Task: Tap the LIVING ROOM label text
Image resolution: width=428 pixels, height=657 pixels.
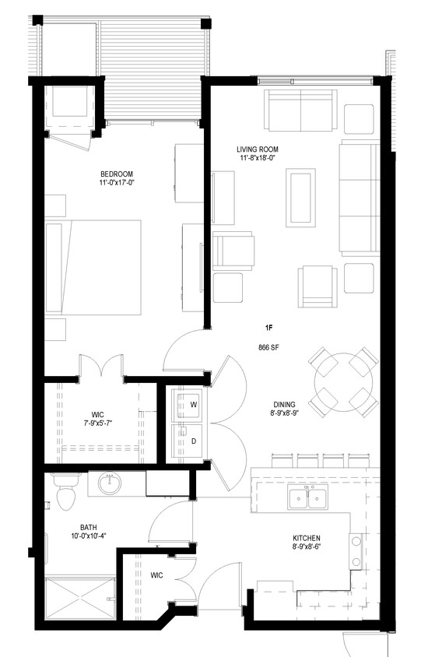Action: pyautogui.click(x=258, y=149)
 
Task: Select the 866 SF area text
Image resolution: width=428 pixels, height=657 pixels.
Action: pyautogui.click(x=269, y=347)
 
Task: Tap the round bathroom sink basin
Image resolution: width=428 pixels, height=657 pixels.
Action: pyautogui.click(x=109, y=484)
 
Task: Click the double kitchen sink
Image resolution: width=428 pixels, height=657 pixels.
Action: pyautogui.click(x=307, y=497)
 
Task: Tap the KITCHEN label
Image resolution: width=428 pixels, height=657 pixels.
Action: pyautogui.click(x=307, y=539)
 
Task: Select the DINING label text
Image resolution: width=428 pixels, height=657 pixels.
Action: pyautogui.click(x=283, y=405)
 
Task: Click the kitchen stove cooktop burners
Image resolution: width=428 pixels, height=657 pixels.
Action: pyautogui.click(x=356, y=551)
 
